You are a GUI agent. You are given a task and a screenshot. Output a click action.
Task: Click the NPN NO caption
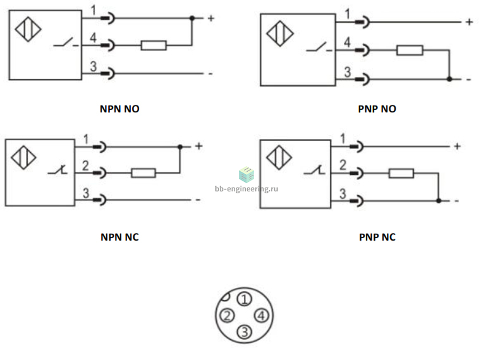119,109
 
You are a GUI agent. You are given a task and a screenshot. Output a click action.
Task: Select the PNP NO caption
377,109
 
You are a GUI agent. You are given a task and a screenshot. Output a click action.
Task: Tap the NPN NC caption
119,237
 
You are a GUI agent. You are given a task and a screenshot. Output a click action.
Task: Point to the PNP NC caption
377,237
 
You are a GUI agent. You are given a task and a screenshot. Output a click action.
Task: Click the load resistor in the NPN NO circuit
154,45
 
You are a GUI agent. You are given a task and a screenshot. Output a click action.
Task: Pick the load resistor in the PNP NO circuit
410,51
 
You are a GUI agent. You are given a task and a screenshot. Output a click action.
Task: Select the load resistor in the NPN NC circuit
143,173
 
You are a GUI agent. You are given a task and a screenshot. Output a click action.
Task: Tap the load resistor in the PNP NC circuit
401,174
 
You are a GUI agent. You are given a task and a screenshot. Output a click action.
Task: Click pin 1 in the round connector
245,299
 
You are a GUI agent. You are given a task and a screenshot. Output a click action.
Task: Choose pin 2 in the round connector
227,315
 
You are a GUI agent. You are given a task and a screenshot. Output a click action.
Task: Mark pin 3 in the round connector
245,332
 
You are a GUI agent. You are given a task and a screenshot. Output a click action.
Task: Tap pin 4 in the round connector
261,315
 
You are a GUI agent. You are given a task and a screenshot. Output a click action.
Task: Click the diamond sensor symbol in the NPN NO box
28,29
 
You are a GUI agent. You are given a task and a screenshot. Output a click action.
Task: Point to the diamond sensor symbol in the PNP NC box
279,157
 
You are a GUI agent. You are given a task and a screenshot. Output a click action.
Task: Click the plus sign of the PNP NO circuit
469,22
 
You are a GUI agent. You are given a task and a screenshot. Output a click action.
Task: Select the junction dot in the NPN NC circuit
180,147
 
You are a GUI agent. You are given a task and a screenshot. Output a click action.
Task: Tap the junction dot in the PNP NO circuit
449,79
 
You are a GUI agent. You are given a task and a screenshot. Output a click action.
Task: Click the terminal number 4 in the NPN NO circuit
93,38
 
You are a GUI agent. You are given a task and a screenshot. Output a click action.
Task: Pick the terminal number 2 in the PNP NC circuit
343,165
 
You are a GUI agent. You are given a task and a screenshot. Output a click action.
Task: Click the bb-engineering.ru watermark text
246,188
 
